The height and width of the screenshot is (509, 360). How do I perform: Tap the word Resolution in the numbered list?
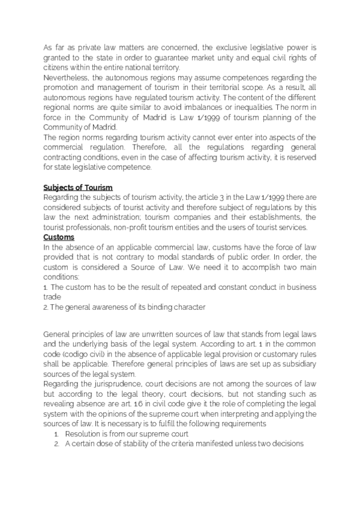pyautogui.click(x=86, y=433)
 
